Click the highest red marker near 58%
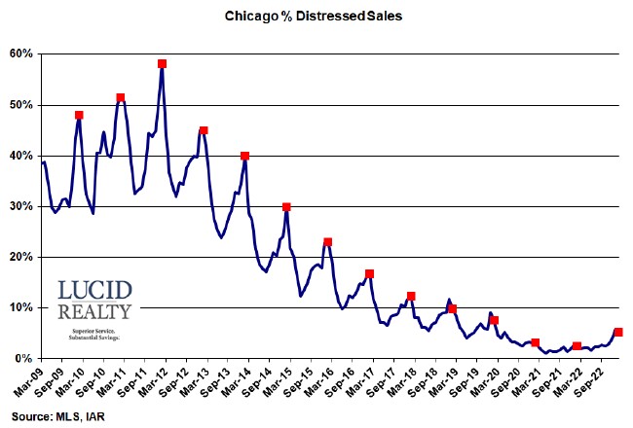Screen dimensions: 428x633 pos(162,64)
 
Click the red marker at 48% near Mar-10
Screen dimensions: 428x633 pos(79,115)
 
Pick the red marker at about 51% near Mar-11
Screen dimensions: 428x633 pos(121,97)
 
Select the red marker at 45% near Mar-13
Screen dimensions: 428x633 pos(204,130)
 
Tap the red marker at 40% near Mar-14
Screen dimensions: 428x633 pos(244,156)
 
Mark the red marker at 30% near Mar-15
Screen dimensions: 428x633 pos(286,207)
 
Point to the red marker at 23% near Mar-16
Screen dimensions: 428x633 pos(328,242)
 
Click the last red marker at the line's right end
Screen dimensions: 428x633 pos(618,333)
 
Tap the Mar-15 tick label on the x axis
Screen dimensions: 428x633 pos(281,381)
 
